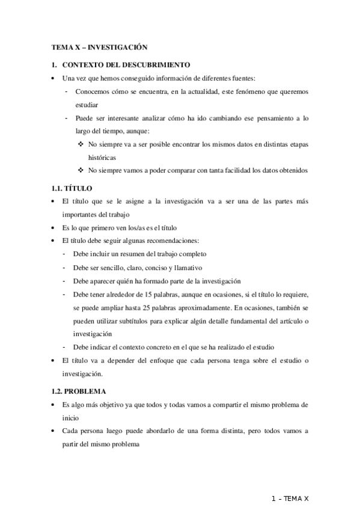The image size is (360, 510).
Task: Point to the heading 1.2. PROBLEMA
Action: (79, 391)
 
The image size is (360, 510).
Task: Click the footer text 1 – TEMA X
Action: (290, 499)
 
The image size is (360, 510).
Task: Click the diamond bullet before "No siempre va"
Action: (81, 144)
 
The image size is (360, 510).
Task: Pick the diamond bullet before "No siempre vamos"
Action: (81, 170)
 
